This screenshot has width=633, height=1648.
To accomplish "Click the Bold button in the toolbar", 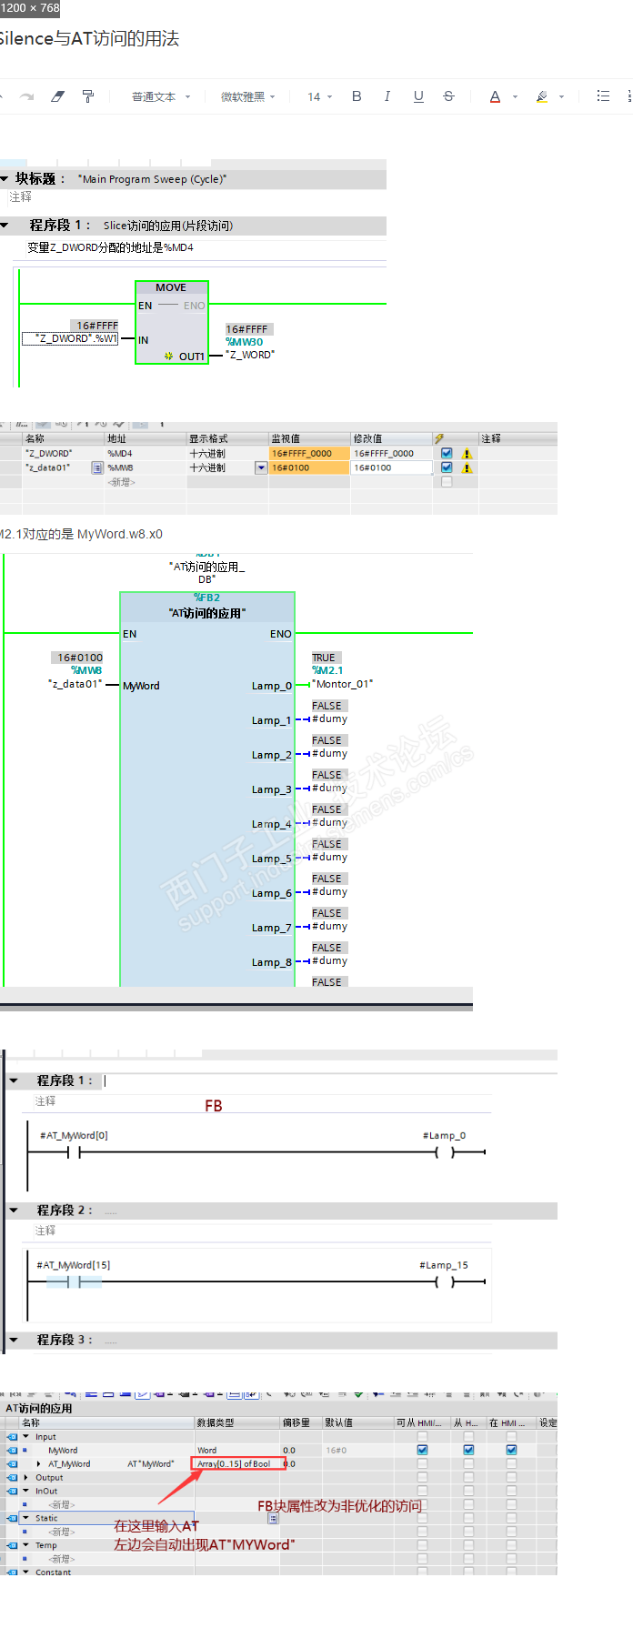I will coord(357,96).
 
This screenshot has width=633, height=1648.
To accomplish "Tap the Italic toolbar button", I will coord(387,96).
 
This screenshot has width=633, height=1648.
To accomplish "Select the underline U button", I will coord(418,96).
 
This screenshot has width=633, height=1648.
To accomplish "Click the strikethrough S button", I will coord(448,96).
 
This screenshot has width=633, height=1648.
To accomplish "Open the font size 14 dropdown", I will coord(319,96).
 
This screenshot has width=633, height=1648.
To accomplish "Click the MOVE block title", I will coord(171,287).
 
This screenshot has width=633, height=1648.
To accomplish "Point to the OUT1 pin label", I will coord(191,357).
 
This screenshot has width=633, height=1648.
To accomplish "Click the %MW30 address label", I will coord(245,342).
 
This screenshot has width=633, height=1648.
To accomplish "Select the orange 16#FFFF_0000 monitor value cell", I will coord(308,453).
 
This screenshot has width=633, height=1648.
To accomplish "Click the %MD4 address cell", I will coord(120,453).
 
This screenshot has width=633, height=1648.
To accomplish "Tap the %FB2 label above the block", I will coord(206,598).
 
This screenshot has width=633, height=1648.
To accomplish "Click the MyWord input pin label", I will coord(141,686).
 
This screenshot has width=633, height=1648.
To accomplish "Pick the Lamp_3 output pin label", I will coord(271,789).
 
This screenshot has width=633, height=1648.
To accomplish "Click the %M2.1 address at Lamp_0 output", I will coord(327,670).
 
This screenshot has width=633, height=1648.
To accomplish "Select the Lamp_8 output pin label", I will coord(271,962).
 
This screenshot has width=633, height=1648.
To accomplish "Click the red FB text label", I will coord(214,1106).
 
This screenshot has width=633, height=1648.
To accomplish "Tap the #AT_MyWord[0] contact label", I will coord(74,1135).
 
